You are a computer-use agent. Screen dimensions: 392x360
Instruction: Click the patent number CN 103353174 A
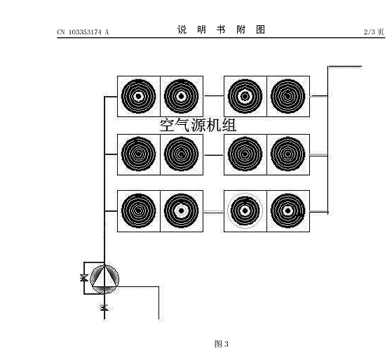83,32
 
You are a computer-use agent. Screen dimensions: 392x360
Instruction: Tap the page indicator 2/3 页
374,32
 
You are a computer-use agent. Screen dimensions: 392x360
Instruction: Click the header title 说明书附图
221,29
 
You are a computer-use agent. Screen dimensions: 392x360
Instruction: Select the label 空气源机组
198,125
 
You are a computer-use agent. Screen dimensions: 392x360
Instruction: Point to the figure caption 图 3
222,344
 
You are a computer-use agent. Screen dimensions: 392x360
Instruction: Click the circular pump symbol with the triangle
104,279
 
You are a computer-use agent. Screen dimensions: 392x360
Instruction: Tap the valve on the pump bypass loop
84,278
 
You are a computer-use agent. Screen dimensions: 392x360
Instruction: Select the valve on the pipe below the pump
104,307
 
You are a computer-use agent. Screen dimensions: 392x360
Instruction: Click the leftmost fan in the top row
139,96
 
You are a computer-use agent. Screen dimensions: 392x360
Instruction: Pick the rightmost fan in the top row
288,96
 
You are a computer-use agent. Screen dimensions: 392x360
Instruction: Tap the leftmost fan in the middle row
139,154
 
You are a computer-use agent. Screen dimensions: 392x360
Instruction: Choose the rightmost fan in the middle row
288,154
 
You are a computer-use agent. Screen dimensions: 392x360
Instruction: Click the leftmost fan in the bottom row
139,211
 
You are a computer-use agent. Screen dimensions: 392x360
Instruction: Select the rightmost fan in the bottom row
288,211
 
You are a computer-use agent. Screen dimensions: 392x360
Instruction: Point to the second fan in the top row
182,96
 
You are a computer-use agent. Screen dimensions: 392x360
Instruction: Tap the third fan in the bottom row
245,211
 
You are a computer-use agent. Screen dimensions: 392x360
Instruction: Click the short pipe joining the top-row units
213,95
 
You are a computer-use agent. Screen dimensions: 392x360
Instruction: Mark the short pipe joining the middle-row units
213,155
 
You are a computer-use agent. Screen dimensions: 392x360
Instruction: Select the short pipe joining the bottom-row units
213,212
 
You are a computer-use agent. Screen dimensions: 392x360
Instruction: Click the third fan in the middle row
245,154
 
